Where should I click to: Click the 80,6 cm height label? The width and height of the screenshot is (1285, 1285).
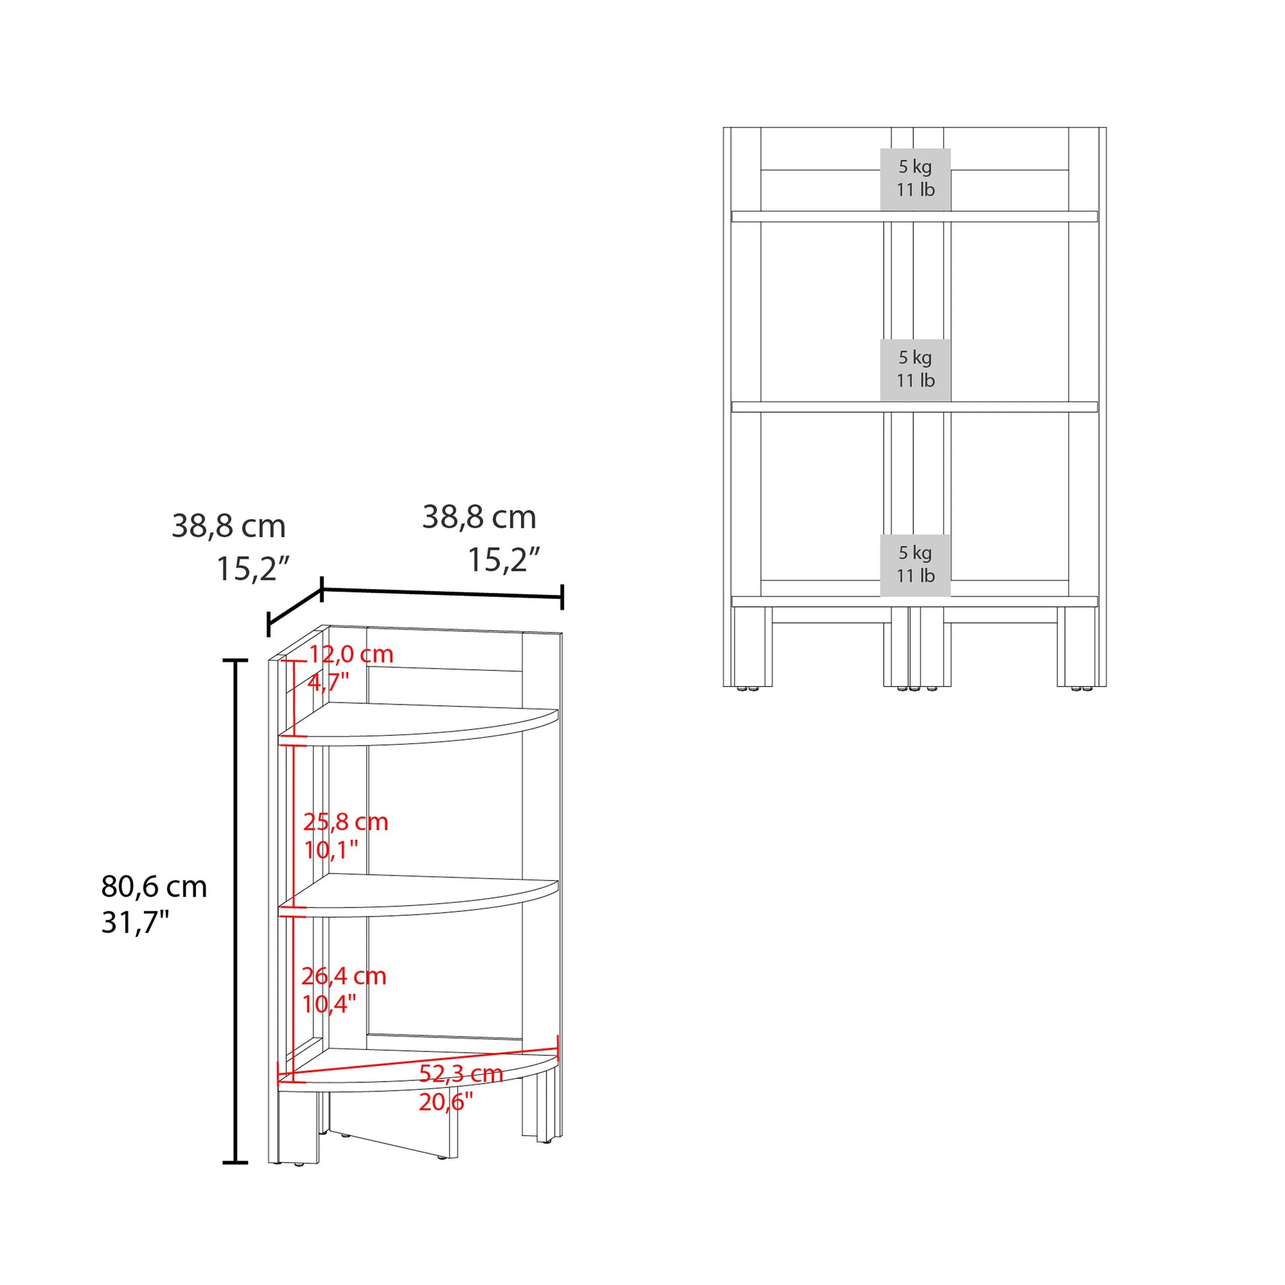pyautogui.click(x=154, y=887)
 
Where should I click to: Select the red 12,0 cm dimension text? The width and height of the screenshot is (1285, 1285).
pyautogui.click(x=351, y=654)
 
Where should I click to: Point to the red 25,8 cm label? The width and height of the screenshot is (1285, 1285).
pyautogui.click(x=345, y=822)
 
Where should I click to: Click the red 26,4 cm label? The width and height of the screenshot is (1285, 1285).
pyautogui.click(x=343, y=976)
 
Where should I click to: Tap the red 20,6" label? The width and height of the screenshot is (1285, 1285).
pyautogui.click(x=445, y=1102)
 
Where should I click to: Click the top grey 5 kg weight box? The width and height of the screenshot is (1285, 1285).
pyautogui.click(x=915, y=178)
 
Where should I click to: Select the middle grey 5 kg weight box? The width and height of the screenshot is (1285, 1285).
pyautogui.click(x=915, y=369)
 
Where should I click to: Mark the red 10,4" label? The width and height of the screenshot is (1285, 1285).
pyautogui.click(x=329, y=1004)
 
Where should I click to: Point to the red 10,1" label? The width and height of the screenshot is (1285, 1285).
pyautogui.click(x=331, y=849)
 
